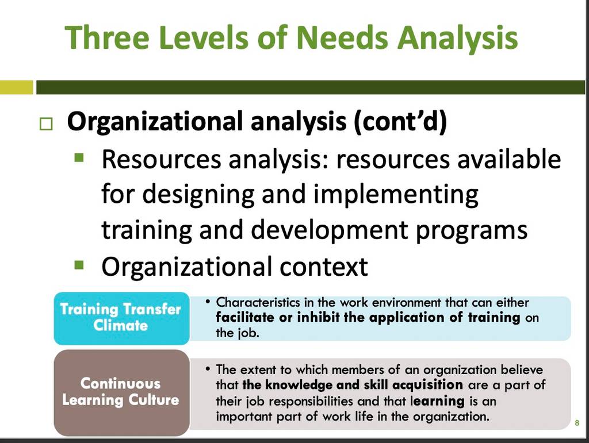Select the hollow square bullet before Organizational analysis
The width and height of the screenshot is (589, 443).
coord(46,124)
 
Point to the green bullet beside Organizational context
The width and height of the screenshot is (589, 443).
coord(79,265)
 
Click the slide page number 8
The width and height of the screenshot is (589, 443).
coord(577,423)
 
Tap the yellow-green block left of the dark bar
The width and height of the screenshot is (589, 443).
coord(17,87)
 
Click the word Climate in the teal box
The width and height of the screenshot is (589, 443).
coord(121,325)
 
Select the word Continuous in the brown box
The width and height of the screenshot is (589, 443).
coord(121,383)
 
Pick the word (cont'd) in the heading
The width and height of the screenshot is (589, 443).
coord(400,122)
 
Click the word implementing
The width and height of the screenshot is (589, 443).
coord(396,195)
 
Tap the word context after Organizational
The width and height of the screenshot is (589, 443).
coord(323,267)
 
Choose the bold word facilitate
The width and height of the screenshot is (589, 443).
coord(245,317)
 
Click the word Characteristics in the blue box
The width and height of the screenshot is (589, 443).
coord(258,302)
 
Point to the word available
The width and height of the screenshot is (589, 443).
coord(509,159)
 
